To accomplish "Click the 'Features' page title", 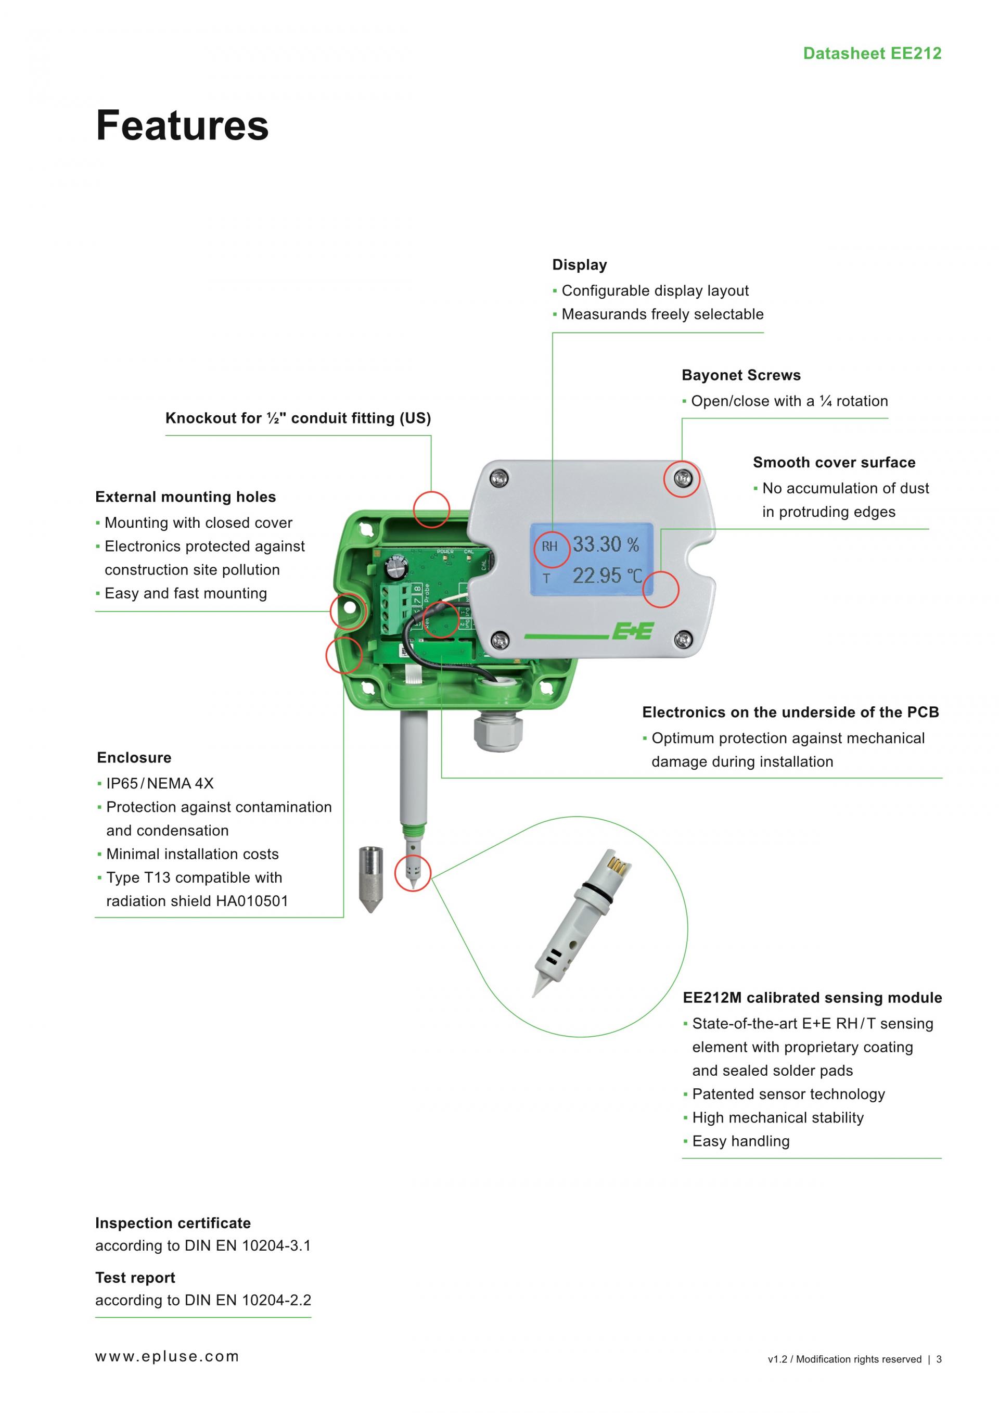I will pos(182,125).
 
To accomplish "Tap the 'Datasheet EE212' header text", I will pos(872,54).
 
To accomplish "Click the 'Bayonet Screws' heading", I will pos(740,375).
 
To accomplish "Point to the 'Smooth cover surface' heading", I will pos(834,462).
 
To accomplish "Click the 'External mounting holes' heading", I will pos(185,497).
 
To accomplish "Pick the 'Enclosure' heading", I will pos(134,758).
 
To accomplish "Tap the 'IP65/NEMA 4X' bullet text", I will pos(159,783).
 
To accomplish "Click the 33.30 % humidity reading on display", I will pos(606,545).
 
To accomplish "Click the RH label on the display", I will pos(549,546).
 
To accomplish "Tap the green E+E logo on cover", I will pos(632,631).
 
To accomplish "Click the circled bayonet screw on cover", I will pos(682,478).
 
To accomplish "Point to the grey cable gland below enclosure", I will pos(497,731).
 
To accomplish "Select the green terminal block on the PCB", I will pos(394,606).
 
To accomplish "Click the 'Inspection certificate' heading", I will pos(173,1223).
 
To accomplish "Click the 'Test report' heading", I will pos(135,1278).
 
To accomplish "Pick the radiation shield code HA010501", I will pos(252,901).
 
